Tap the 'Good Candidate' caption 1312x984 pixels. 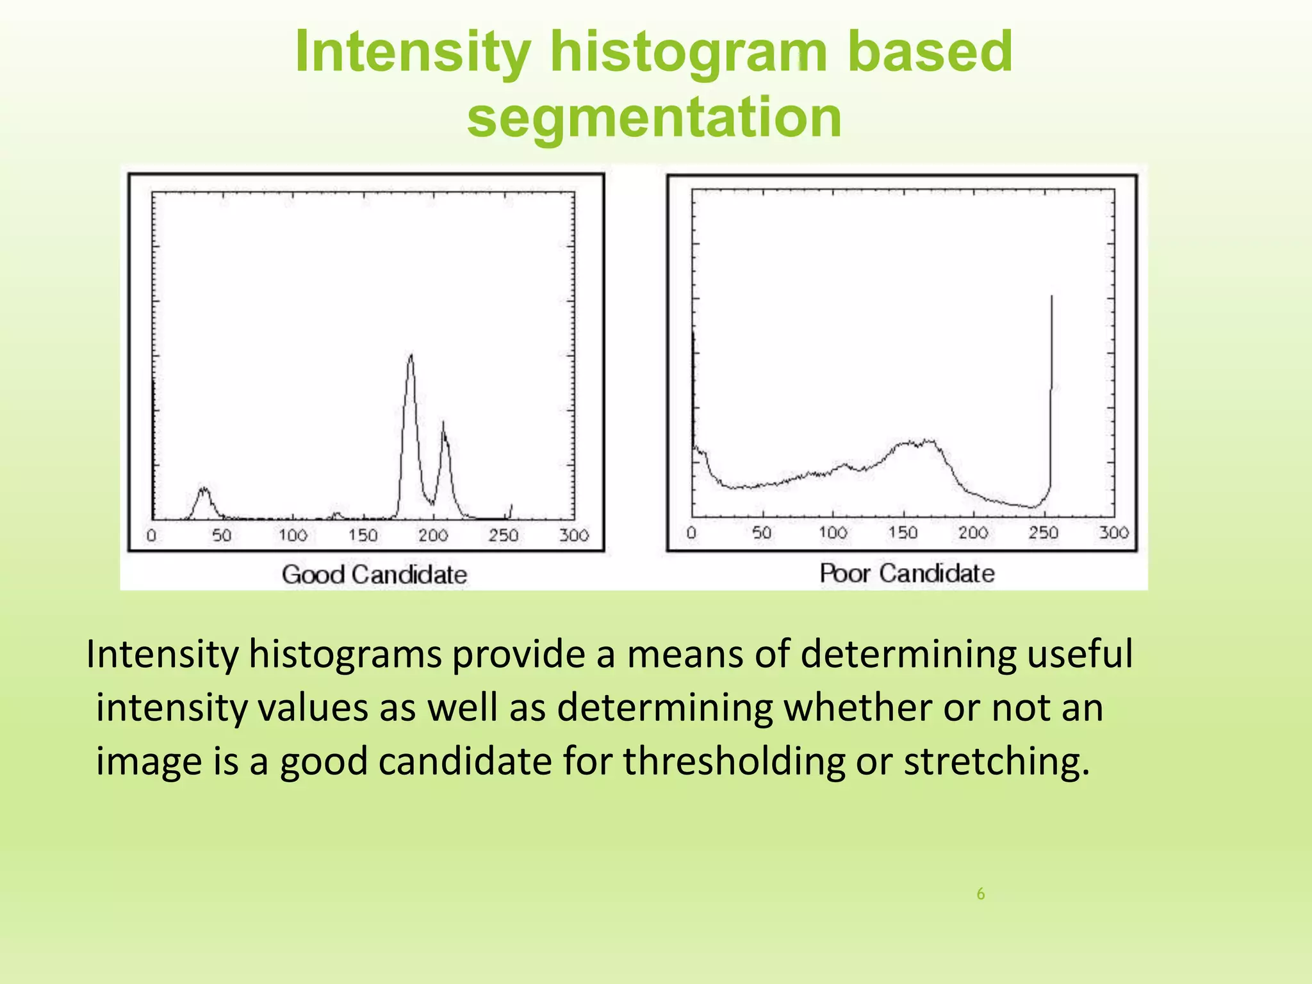(x=374, y=574)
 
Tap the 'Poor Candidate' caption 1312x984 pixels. (x=907, y=573)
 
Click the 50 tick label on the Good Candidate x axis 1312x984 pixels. (x=222, y=535)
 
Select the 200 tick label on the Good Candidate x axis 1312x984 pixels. (x=433, y=535)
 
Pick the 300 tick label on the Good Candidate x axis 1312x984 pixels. (x=573, y=535)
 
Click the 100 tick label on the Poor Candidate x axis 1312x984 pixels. (x=832, y=532)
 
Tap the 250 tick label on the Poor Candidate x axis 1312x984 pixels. (x=1043, y=532)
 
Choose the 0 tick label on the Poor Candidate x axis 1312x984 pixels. (x=691, y=532)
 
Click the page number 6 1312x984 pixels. (x=980, y=894)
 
